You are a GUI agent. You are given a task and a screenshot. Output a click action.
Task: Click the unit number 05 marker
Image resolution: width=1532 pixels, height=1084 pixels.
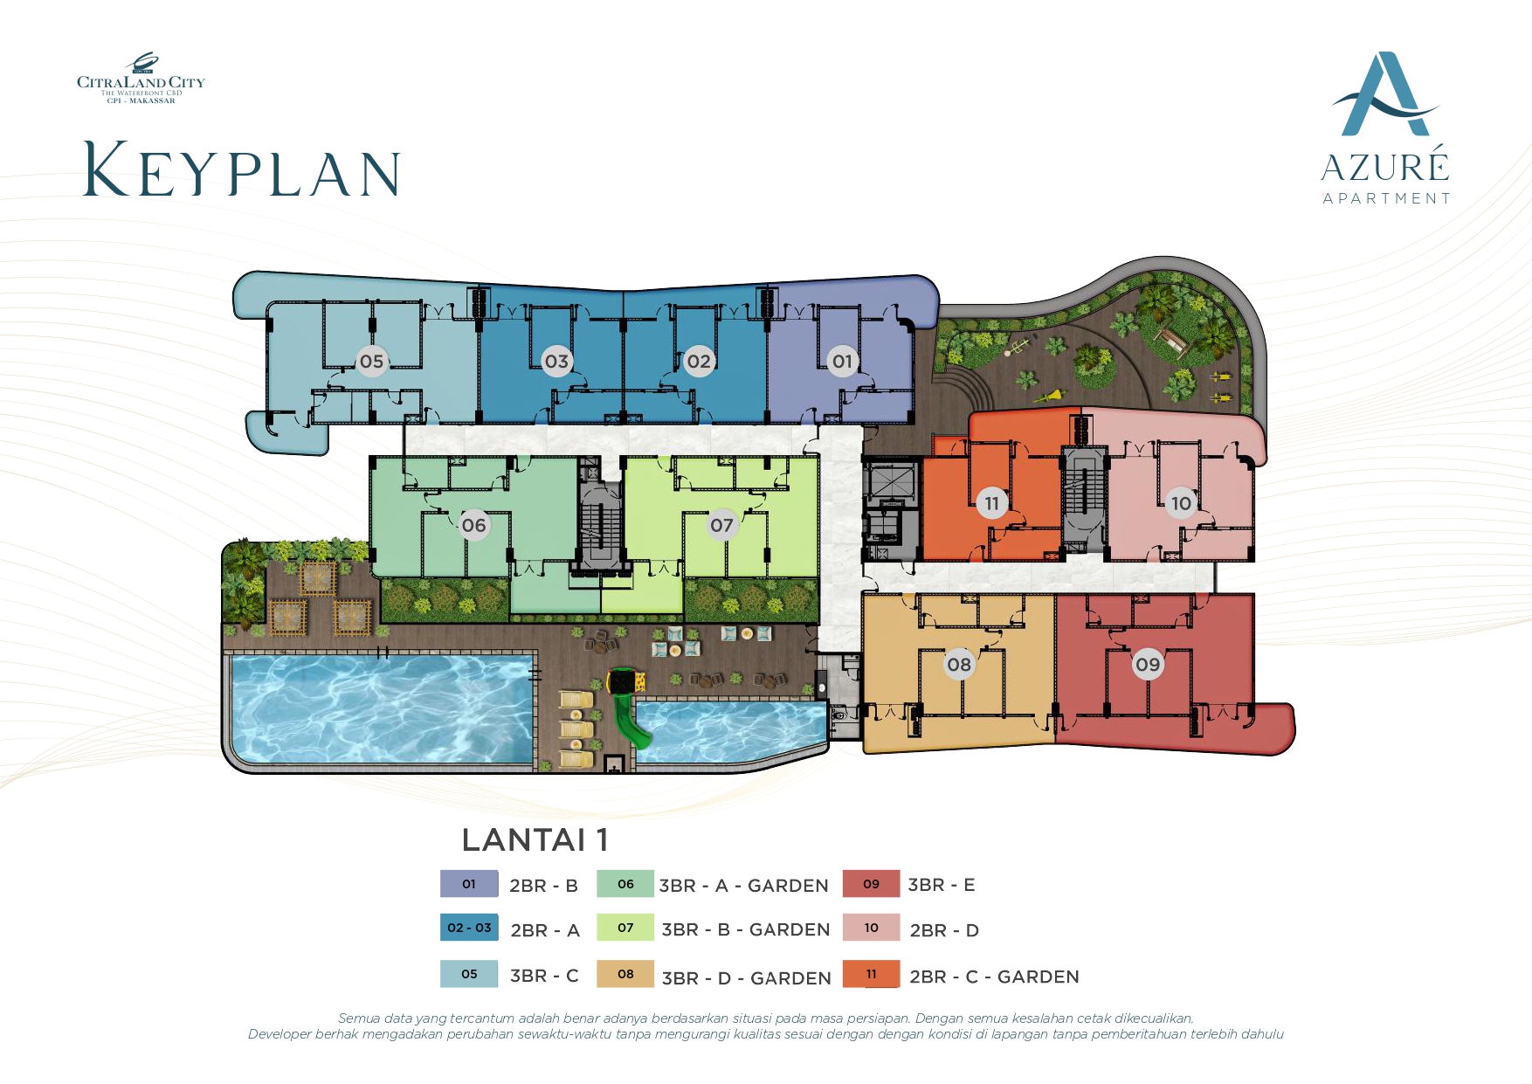(371, 362)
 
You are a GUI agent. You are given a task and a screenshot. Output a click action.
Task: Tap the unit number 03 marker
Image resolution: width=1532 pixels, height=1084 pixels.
(556, 362)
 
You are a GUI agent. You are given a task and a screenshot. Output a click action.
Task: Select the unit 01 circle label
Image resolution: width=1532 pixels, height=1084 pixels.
(842, 362)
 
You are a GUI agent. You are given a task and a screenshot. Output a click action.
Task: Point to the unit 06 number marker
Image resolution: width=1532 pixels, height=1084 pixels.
(473, 525)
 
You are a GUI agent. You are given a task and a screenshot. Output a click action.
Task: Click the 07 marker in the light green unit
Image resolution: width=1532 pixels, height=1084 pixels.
(721, 525)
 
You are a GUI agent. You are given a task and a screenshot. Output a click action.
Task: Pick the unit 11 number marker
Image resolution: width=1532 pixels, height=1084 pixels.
(991, 503)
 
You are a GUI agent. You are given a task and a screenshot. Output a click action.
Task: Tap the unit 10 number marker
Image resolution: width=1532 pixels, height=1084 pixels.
(1181, 503)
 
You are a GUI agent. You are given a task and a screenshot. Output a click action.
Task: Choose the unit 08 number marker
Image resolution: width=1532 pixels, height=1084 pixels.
(959, 665)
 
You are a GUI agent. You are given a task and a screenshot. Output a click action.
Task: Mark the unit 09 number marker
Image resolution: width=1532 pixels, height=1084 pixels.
(1148, 665)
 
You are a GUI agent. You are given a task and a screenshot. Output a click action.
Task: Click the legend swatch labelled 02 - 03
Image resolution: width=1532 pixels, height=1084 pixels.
(469, 928)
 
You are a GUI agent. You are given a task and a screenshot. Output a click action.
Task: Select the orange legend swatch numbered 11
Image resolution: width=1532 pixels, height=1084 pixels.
(871, 974)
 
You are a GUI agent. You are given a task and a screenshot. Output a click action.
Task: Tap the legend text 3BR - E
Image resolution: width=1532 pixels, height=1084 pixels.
(942, 885)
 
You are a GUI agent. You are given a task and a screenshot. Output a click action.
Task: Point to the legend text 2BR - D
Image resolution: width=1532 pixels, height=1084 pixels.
(944, 930)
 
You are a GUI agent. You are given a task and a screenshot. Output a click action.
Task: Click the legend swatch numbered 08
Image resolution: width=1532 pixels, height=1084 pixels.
(625, 974)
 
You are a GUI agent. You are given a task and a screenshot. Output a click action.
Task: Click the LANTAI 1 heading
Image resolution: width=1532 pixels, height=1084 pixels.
(535, 840)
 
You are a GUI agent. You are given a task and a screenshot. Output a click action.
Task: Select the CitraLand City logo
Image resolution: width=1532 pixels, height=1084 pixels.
(141, 79)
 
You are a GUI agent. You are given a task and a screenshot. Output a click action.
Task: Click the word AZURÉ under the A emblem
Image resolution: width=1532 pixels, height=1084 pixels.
(1385, 165)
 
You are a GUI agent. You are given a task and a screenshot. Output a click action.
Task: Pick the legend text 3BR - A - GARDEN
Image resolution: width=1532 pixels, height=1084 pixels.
(744, 886)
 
